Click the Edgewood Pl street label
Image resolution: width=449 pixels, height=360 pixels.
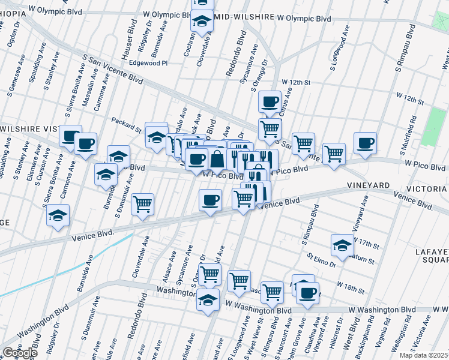click(147, 62)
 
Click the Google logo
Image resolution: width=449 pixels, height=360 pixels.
click(20, 353)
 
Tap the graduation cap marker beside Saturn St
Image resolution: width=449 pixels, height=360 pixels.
click(342, 245)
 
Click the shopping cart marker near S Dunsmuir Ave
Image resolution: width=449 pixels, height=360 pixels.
click(143, 205)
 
